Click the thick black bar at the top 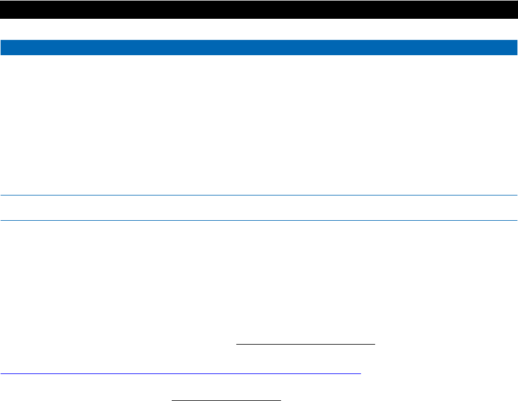click(259, 9)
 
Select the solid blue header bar click(259, 48)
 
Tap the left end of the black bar click(2, 9)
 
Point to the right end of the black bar click(515, 9)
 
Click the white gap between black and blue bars click(259, 29)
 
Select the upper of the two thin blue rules click(259, 195)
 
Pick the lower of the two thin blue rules click(259, 220)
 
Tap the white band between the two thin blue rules click(259, 208)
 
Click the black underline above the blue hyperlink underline click(305, 344)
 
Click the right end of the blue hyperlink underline click(360, 373)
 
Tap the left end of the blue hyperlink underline click(1, 373)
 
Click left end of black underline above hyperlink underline click(236, 344)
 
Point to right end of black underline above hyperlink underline click(374, 344)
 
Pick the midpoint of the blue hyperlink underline click(181, 373)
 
